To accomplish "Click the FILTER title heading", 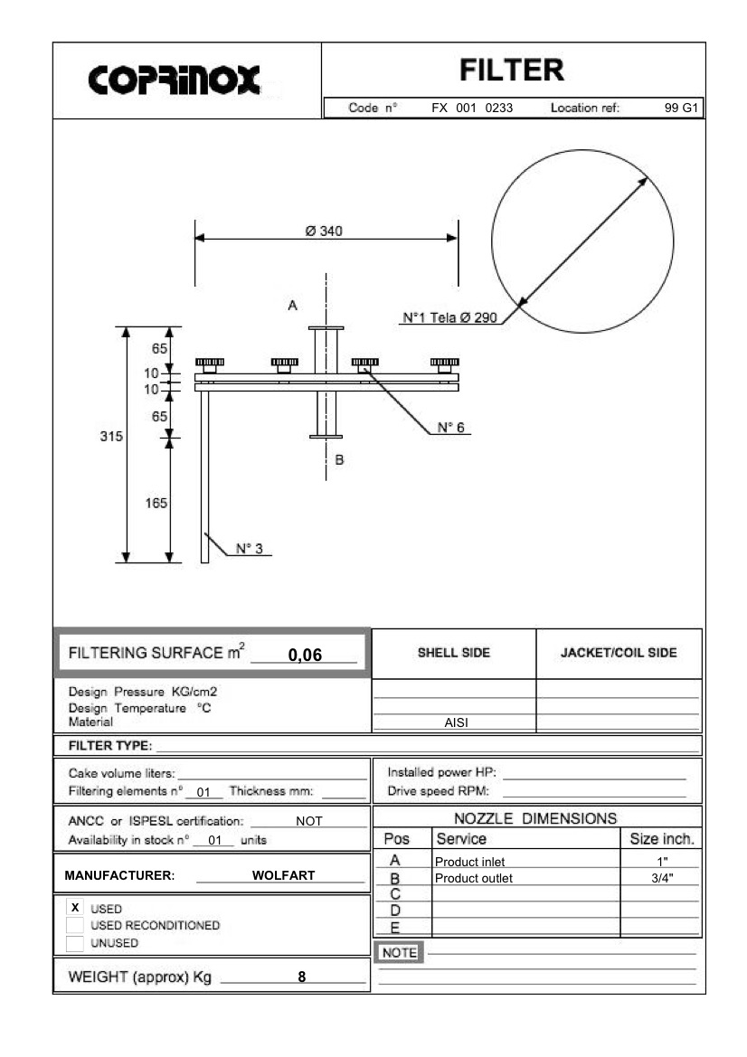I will click(511, 69).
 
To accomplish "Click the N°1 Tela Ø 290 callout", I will click(449, 318).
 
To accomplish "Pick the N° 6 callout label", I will click(449, 428).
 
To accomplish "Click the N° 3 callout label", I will click(249, 548).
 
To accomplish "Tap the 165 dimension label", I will click(156, 504).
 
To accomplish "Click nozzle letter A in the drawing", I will click(292, 306).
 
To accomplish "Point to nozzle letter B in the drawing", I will click(340, 460).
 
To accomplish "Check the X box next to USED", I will click(75, 907).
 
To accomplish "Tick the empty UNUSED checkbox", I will click(75, 942).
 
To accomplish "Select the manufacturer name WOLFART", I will click(284, 875).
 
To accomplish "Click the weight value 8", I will click(301, 977).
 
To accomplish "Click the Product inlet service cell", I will click(469, 862).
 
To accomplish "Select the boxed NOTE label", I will click(398, 952).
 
